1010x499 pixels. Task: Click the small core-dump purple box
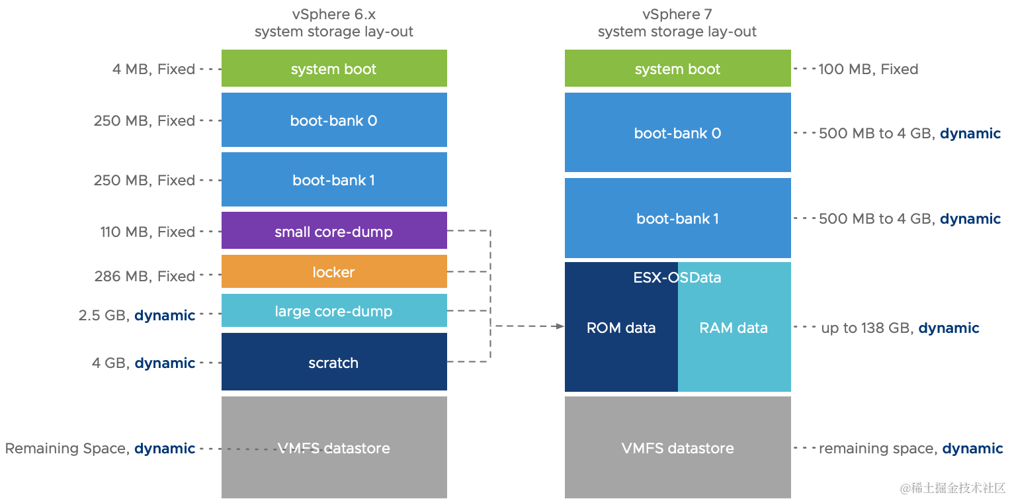pos(334,231)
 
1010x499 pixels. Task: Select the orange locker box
pos(334,272)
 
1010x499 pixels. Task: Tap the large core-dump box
pos(334,311)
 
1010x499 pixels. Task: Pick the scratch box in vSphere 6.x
pos(334,362)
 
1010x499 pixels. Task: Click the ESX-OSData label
pos(677,277)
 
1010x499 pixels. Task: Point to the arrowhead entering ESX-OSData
pos(560,326)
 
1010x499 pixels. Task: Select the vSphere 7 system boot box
pos(677,69)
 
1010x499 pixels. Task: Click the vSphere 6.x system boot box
pos(334,69)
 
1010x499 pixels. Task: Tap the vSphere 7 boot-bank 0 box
pos(677,132)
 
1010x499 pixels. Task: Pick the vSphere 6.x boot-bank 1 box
pos(334,180)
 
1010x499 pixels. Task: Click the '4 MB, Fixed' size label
pos(153,69)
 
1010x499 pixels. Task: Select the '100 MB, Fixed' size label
pos(868,69)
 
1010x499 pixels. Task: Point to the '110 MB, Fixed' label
pos(147,232)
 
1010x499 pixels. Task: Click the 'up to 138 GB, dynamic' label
pos(900,328)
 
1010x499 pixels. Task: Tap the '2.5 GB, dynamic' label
pos(137,315)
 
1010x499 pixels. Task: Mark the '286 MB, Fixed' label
pos(145,276)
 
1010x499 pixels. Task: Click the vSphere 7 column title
pos(677,23)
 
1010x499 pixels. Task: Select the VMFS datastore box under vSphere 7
pos(677,448)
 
